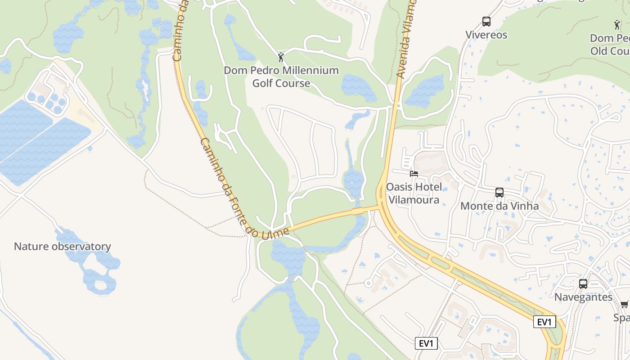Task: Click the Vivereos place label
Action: click(486, 35)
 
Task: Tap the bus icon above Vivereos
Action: click(486, 21)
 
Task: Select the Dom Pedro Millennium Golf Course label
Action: click(281, 76)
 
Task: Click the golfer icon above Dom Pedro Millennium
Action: click(281, 57)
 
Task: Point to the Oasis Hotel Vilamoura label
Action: click(414, 193)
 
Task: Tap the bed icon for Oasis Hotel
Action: click(414, 173)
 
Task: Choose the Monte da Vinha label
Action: click(499, 206)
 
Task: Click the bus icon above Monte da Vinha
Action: click(499, 193)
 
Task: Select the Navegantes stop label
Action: click(583, 297)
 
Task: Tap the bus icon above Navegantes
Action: click(583, 284)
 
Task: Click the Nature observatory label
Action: click(62, 246)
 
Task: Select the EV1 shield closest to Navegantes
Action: click(544, 322)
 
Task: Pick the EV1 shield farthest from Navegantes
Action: click(426, 344)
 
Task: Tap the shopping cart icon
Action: click(624, 305)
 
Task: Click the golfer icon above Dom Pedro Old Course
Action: click(616, 24)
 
